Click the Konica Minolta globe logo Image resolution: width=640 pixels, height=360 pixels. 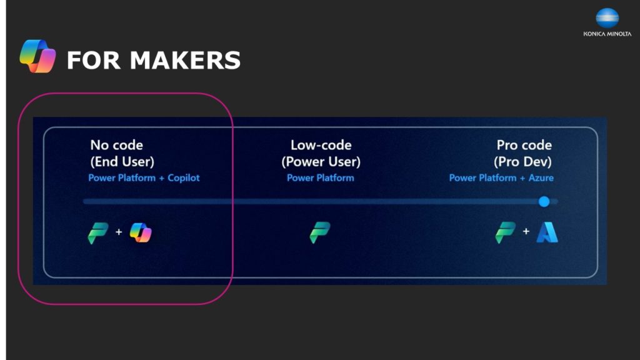pyautogui.click(x=607, y=18)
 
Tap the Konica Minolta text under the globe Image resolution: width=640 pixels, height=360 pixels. pyautogui.click(x=607, y=34)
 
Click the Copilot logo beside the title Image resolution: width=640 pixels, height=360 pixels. pyautogui.click(x=37, y=56)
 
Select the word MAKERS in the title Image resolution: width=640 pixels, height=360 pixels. pyautogui.click(x=185, y=60)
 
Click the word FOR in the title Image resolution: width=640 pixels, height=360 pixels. pyautogui.click(x=94, y=60)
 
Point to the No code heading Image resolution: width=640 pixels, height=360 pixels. pyautogui.click(x=117, y=145)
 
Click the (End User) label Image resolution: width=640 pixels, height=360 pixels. pyautogui.click(x=122, y=162)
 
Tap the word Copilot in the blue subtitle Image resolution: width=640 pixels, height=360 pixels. pyautogui.click(x=184, y=178)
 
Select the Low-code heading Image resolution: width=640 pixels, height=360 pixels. pyautogui.click(x=321, y=145)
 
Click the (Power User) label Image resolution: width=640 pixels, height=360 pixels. pyautogui.click(x=321, y=162)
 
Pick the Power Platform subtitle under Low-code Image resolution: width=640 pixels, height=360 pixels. pyautogui.click(x=321, y=178)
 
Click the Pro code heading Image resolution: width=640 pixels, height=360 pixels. pyautogui.click(x=524, y=145)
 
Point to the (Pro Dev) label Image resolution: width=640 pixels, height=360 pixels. pyautogui.click(x=522, y=162)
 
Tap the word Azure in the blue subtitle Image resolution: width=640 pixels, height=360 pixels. pyautogui.click(x=541, y=178)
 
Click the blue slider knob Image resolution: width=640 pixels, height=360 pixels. pyautogui.click(x=544, y=201)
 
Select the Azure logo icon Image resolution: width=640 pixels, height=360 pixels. pyautogui.click(x=547, y=232)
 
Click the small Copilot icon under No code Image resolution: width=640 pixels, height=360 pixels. pyautogui.click(x=141, y=232)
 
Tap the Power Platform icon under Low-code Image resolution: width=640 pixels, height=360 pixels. pyautogui.click(x=320, y=232)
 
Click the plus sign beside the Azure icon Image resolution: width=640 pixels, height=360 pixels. pyautogui.click(x=526, y=231)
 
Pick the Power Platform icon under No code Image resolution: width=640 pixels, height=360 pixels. pyautogui.click(x=98, y=233)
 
